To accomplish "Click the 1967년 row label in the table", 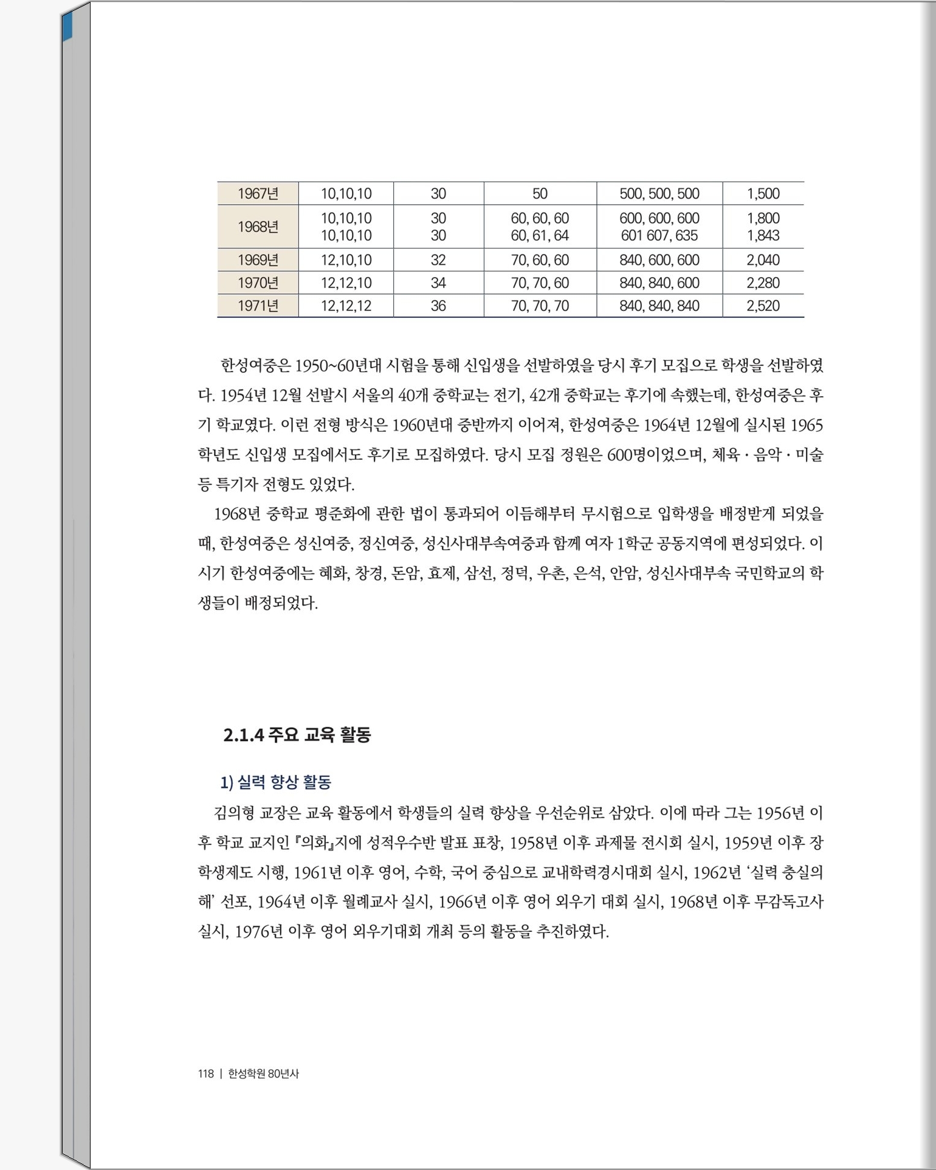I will [x=258, y=194].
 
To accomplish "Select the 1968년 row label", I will [x=258, y=227].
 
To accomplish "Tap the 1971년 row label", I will [x=258, y=306].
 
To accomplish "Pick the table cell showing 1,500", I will [x=763, y=194].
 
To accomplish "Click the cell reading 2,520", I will [x=763, y=306].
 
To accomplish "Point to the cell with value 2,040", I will [x=763, y=260].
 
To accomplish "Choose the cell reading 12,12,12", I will [x=346, y=306].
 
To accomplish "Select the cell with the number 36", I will [x=438, y=306].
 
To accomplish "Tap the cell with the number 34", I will [x=438, y=282].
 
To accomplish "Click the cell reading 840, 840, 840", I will [x=659, y=306].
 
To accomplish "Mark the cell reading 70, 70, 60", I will [x=540, y=282].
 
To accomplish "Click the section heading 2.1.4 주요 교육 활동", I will [x=297, y=735].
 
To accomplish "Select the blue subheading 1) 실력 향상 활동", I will [x=276, y=782].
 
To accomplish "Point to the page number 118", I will [x=205, y=1073].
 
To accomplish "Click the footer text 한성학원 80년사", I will [x=263, y=1073].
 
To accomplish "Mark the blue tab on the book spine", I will [x=66, y=27].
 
